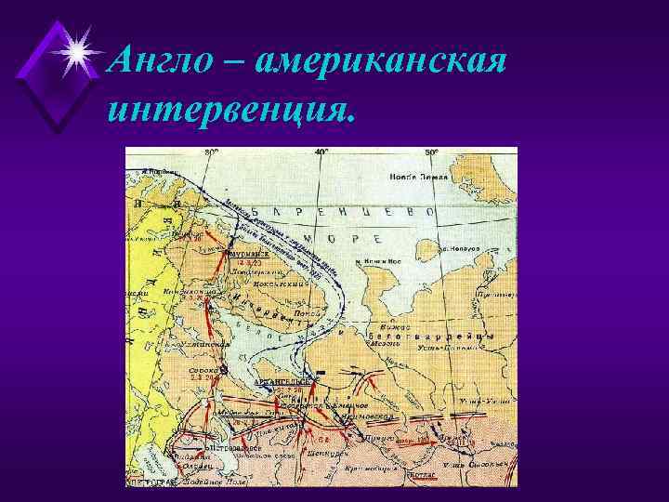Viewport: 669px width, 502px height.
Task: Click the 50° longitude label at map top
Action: [x=432, y=152]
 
